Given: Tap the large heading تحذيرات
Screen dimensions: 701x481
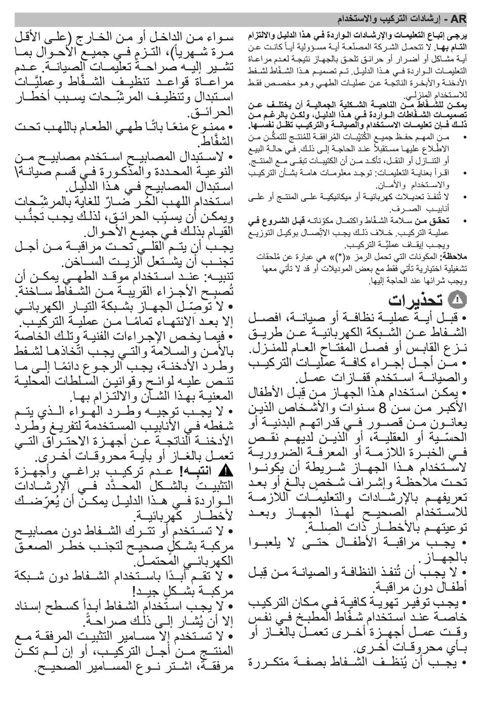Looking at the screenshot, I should point(410,301).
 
